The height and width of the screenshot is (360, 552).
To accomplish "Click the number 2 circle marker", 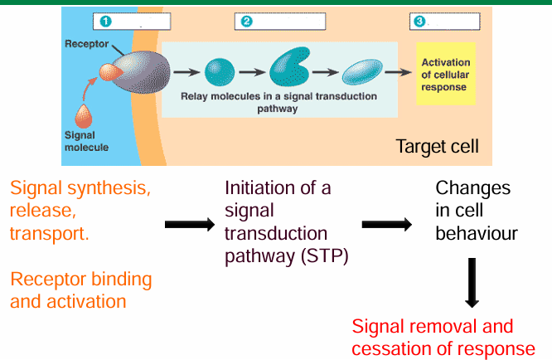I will [x=245, y=21].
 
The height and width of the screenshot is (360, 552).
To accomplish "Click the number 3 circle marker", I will [x=419, y=21].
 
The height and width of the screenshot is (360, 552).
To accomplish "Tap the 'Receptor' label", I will [x=85, y=42].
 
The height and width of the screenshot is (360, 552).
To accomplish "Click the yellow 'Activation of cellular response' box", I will [x=445, y=75].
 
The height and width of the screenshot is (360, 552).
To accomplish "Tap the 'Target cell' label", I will [x=437, y=147].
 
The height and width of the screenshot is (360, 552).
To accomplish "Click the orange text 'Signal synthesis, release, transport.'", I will [x=80, y=211].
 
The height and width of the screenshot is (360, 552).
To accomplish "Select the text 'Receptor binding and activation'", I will [x=81, y=289].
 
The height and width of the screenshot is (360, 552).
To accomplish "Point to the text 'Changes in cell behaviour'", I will [x=476, y=211].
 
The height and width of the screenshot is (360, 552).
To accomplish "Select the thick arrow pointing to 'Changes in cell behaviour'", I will [x=388, y=224].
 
